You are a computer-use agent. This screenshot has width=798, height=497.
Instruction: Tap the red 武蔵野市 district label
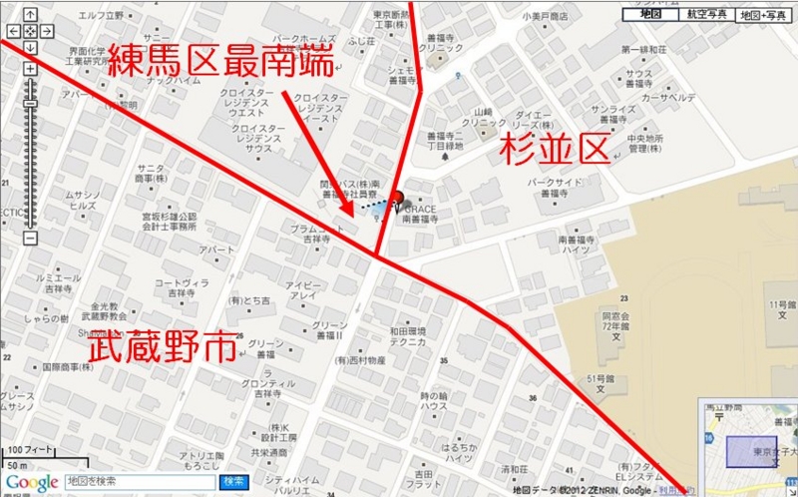[162, 348]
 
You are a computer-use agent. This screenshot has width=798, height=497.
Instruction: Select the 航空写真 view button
[706, 15]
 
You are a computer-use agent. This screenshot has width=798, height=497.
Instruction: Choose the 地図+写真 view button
[762, 15]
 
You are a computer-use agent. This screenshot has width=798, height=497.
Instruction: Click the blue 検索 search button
[233, 482]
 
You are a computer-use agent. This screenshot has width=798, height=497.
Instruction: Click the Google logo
[31, 483]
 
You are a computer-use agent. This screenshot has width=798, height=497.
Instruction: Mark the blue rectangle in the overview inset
[750, 449]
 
